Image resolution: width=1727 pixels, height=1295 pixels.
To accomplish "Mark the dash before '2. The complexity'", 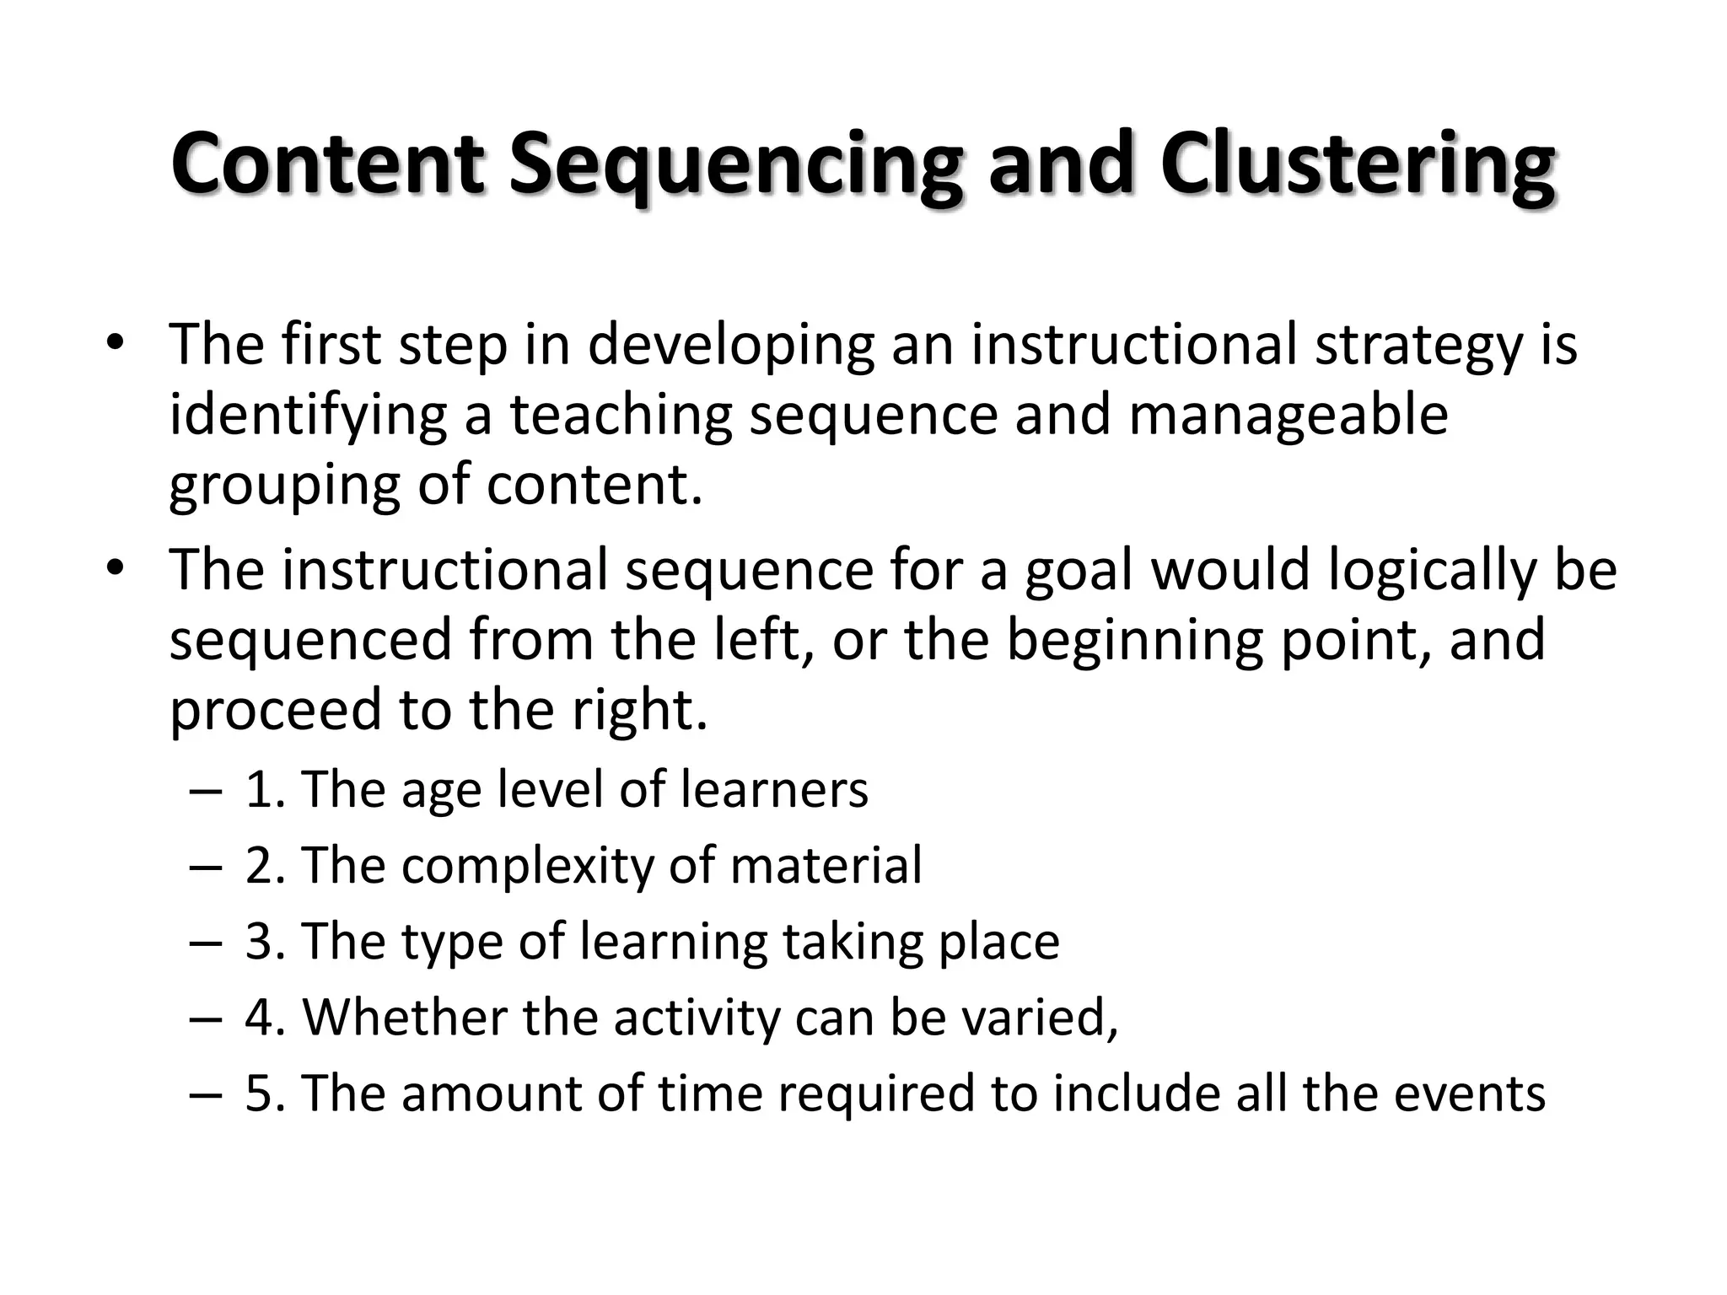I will click(x=206, y=867).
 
